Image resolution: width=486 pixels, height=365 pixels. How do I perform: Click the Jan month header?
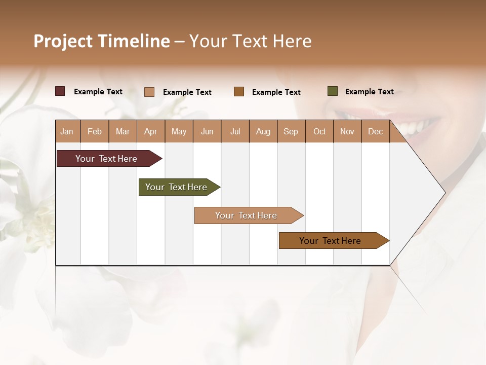[67, 131]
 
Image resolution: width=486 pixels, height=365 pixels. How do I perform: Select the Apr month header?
[151, 131]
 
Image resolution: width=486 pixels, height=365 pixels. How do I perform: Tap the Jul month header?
[235, 131]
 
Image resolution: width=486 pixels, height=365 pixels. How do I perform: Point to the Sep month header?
[291, 131]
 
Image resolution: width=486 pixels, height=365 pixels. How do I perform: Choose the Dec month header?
[375, 131]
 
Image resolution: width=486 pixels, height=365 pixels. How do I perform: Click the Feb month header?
[95, 131]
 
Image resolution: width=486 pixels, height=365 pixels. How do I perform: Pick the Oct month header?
[319, 131]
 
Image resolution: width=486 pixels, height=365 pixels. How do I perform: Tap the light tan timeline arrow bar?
[247, 215]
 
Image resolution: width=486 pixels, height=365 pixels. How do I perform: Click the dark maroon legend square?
[60, 91]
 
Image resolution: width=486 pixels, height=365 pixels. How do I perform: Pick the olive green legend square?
[333, 91]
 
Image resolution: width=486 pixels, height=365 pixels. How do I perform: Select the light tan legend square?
[149, 92]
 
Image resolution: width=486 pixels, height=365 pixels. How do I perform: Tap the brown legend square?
[239, 91]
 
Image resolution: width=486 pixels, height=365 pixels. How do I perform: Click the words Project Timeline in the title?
[102, 41]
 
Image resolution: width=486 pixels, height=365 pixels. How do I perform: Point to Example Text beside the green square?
[369, 92]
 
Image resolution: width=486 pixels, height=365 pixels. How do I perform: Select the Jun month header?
[207, 131]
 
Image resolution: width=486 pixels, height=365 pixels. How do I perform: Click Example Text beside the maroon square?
[98, 92]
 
